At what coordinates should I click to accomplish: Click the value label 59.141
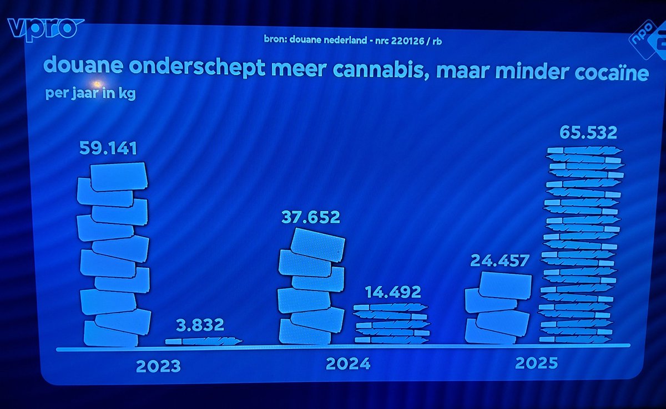pyautogui.click(x=108, y=149)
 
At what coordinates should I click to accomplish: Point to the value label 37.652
pyautogui.click(x=310, y=217)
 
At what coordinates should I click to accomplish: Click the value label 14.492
pyautogui.click(x=392, y=292)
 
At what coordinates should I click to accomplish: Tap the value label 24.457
pyautogui.click(x=500, y=260)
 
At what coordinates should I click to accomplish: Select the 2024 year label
pyautogui.click(x=348, y=364)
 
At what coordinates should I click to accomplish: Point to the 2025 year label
pyautogui.click(x=536, y=363)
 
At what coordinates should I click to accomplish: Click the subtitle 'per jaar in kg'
pyautogui.click(x=90, y=93)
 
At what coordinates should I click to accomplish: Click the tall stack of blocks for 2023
pyautogui.click(x=114, y=255)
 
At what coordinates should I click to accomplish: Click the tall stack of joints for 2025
pyautogui.click(x=580, y=244)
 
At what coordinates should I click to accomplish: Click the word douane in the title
pyautogui.click(x=80, y=67)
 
